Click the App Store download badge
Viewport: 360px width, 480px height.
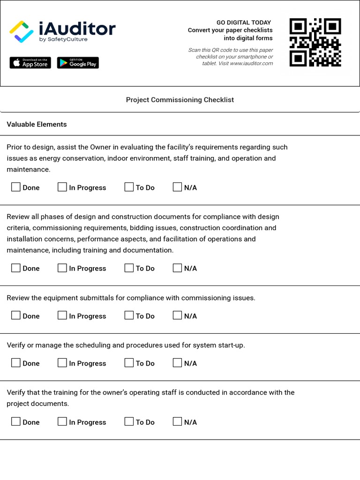click(x=30, y=63)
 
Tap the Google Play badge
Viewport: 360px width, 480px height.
click(x=78, y=63)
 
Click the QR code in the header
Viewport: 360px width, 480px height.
click(x=315, y=42)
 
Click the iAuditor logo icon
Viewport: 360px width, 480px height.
click(x=22, y=31)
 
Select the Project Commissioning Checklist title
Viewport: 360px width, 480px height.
click(x=180, y=100)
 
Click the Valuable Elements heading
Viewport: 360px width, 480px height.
click(x=37, y=124)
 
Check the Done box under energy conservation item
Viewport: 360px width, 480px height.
click(x=16, y=187)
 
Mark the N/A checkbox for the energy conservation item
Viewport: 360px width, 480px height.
click(x=177, y=187)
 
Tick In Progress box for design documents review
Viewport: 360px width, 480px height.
click(x=62, y=268)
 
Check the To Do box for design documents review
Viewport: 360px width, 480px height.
click(x=129, y=268)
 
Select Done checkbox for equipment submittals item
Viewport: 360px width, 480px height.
click(x=16, y=315)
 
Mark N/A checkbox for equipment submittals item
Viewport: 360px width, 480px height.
click(x=177, y=315)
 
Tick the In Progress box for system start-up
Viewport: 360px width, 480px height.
click(x=62, y=363)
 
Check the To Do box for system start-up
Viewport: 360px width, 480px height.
click(x=129, y=363)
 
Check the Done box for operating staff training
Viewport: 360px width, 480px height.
click(x=16, y=421)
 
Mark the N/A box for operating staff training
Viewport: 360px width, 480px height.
click(x=177, y=421)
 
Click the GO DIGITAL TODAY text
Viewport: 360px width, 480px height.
click(x=243, y=22)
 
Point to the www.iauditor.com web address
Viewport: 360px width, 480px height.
click(x=251, y=63)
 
